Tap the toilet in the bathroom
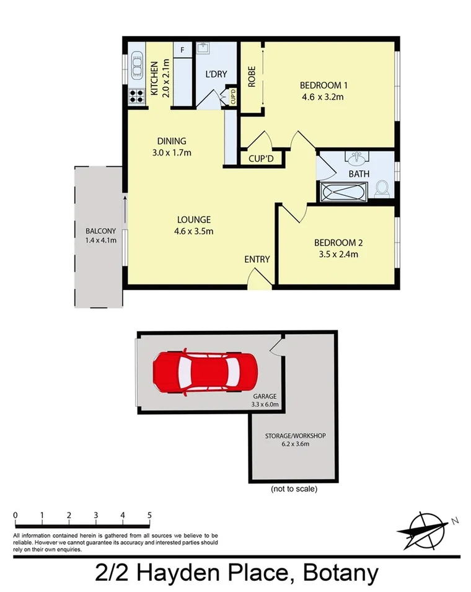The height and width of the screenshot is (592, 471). [383, 188]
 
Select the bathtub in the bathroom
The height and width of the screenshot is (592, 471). [345, 192]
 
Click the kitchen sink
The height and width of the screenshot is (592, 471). [136, 64]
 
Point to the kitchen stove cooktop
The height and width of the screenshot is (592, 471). [135, 95]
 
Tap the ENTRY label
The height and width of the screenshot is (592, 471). [257, 259]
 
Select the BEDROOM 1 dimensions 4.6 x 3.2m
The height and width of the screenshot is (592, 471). [322, 97]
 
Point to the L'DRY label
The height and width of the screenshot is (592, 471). [216, 74]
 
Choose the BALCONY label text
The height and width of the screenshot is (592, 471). [99, 232]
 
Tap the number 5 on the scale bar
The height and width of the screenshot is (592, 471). [149, 515]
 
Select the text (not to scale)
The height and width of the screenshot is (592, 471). [294, 488]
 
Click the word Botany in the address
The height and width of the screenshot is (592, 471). [340, 573]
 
